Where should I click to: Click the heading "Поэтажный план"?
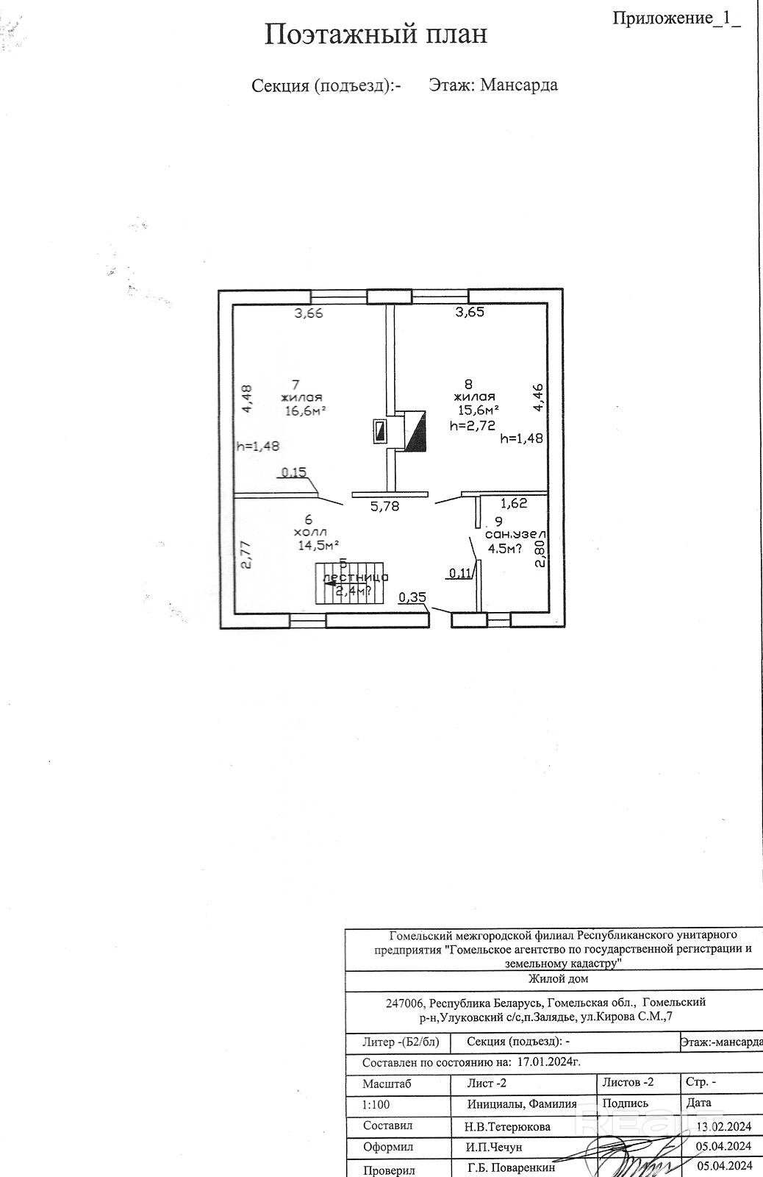(376, 35)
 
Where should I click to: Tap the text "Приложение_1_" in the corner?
(676, 18)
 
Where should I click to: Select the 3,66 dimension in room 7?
(308, 313)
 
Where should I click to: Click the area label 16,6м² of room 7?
(306, 410)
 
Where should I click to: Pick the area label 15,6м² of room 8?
(479, 409)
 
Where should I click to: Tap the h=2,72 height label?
(472, 424)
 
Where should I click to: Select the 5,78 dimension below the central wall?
(384, 506)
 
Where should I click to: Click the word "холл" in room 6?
(309, 532)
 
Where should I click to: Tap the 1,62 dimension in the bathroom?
(513, 504)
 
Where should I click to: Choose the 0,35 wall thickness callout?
(412, 598)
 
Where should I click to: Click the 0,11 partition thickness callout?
(460, 574)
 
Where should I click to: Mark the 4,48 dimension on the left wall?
(246, 399)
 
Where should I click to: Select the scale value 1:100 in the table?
(376, 1104)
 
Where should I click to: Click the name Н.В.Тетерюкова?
(507, 1126)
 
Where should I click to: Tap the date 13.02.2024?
(724, 1126)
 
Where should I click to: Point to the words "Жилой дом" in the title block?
(558, 979)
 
